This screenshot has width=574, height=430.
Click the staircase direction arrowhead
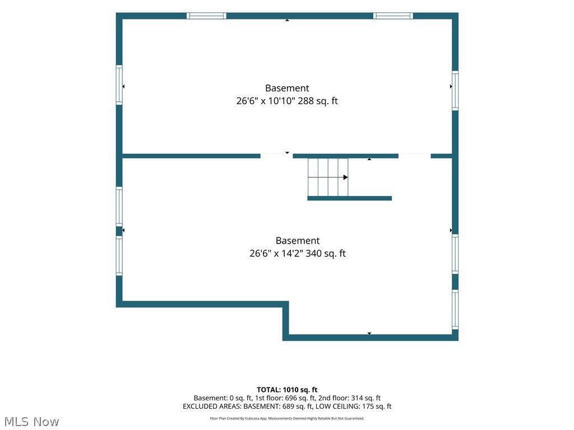(x=345, y=177)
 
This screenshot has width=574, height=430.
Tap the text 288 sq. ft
(x=318, y=101)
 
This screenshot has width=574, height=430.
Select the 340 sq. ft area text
(x=326, y=254)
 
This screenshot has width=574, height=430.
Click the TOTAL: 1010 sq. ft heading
(x=287, y=390)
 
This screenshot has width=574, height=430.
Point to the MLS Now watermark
(x=31, y=422)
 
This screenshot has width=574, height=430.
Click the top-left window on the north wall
(x=206, y=16)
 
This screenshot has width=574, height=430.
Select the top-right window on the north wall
(x=393, y=16)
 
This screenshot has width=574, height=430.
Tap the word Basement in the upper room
(x=287, y=88)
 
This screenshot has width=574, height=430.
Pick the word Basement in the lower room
(x=298, y=241)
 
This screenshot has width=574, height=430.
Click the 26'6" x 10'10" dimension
(x=266, y=101)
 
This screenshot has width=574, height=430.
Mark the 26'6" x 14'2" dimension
(x=276, y=254)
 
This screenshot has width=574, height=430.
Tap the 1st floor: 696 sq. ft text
(x=285, y=398)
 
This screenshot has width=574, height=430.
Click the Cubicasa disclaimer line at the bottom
(x=287, y=418)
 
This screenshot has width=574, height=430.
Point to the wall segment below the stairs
(x=350, y=198)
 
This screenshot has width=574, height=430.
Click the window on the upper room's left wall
(x=119, y=85)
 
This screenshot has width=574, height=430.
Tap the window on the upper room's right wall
(x=455, y=91)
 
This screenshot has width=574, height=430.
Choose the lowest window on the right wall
(x=455, y=309)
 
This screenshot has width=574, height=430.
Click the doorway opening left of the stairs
(x=276, y=156)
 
